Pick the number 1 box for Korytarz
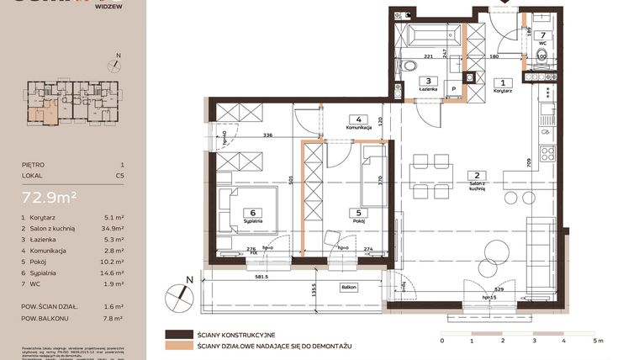503,82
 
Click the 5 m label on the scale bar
599,341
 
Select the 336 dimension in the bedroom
267,134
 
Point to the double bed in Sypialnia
240,206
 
